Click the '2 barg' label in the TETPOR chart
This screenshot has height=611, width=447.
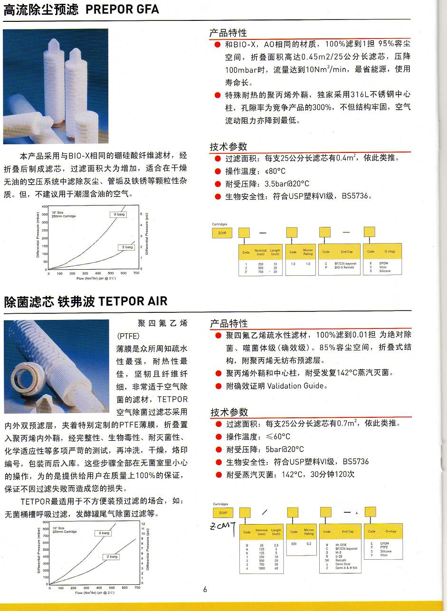click(x=112, y=556)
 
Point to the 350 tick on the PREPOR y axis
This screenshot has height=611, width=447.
click(x=45, y=215)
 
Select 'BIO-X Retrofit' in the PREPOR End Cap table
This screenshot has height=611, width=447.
click(x=345, y=267)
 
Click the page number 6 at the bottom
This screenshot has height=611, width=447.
click(x=205, y=590)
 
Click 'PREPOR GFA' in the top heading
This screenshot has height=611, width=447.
click(x=122, y=9)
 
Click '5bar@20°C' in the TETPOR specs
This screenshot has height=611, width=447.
click(x=285, y=449)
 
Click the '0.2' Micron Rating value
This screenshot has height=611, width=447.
click(x=309, y=544)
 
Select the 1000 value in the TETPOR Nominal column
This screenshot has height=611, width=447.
click(x=261, y=568)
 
